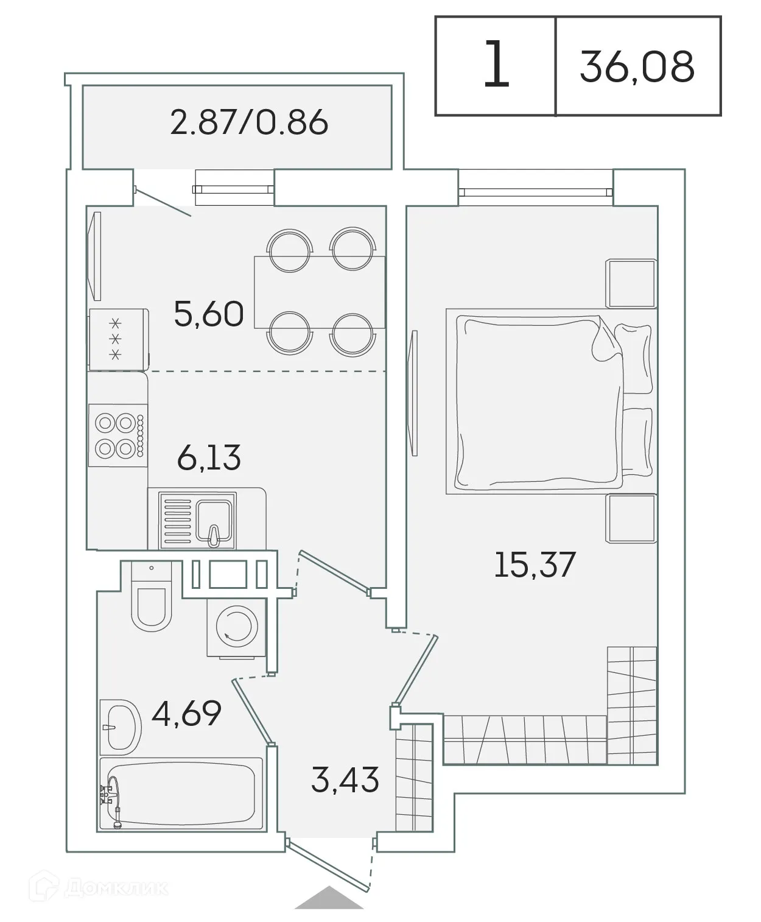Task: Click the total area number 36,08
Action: (637, 66)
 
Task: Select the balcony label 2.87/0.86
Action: (249, 122)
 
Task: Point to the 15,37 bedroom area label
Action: (535, 564)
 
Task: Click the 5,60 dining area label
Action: (209, 314)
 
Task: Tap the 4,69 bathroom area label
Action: (186, 713)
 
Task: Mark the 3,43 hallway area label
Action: (345, 779)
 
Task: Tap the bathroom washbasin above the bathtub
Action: (120, 727)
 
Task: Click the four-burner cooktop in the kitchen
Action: (117, 436)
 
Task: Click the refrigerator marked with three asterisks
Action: (118, 339)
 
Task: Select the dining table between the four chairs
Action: (319, 292)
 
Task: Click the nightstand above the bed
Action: (631, 283)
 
